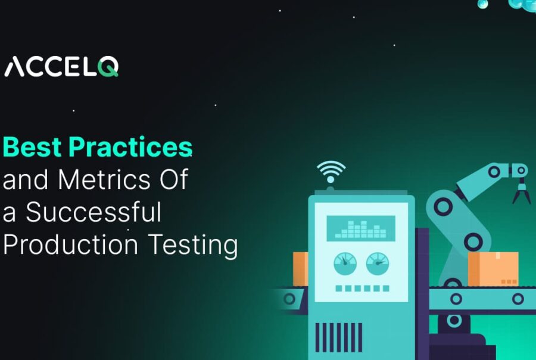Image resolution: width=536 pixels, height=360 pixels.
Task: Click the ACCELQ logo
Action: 61,67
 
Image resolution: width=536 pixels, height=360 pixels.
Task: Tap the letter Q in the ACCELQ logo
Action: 108,67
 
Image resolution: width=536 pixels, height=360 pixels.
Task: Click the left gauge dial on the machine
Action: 345,263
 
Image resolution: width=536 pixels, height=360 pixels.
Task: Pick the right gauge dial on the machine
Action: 376,263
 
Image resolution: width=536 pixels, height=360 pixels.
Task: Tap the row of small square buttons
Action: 361,288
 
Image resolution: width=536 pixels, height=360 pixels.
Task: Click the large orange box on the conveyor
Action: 493,269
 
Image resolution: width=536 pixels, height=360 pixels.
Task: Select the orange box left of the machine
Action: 300,268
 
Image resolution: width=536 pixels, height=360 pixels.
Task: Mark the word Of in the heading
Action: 172,180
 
